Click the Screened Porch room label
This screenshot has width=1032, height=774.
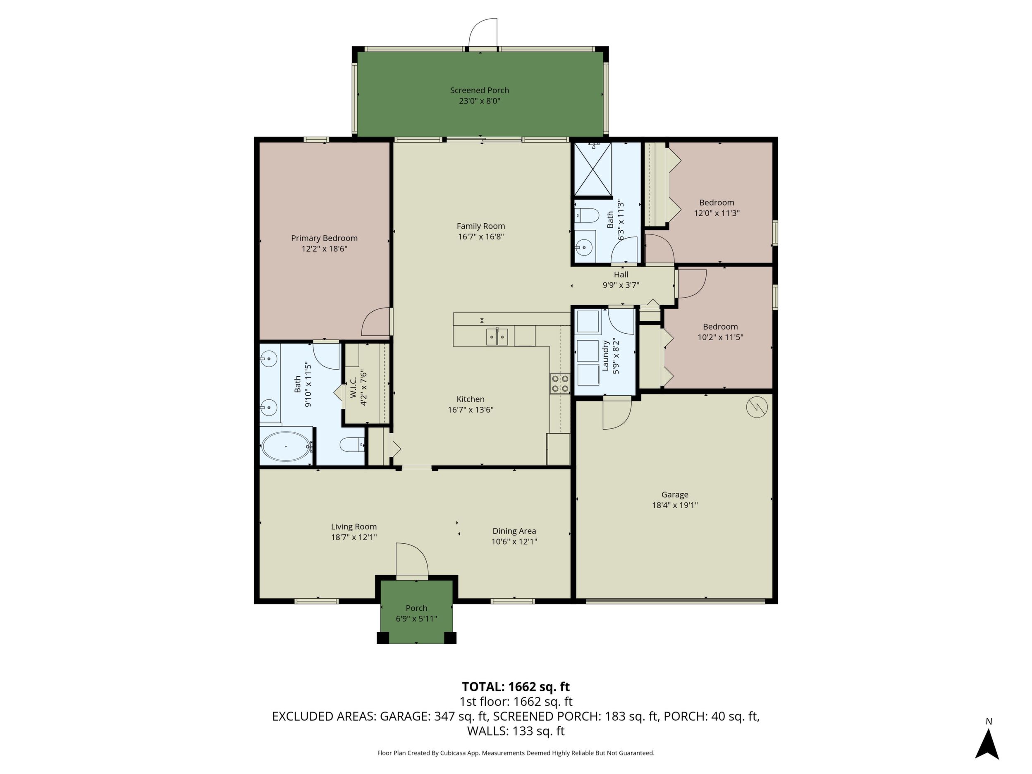(x=479, y=91)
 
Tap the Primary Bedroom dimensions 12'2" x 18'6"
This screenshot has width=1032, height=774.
(x=324, y=248)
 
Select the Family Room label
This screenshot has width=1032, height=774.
(x=480, y=226)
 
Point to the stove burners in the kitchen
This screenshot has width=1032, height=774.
(x=560, y=384)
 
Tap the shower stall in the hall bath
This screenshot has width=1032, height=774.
(x=593, y=169)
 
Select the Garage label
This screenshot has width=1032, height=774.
(x=675, y=494)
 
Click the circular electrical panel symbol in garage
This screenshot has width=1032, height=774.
(x=757, y=407)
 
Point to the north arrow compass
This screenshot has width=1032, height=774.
(x=987, y=745)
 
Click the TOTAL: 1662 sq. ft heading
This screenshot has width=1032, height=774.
(x=516, y=687)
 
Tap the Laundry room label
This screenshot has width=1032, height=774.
(x=606, y=356)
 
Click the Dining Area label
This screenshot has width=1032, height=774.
(x=514, y=531)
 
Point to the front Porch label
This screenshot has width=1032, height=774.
(x=416, y=608)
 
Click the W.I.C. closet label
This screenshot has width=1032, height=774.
(x=353, y=387)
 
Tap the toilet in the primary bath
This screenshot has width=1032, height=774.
(x=352, y=444)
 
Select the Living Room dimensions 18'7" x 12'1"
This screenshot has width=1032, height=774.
(x=354, y=537)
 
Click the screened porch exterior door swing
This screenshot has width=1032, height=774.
(x=483, y=33)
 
